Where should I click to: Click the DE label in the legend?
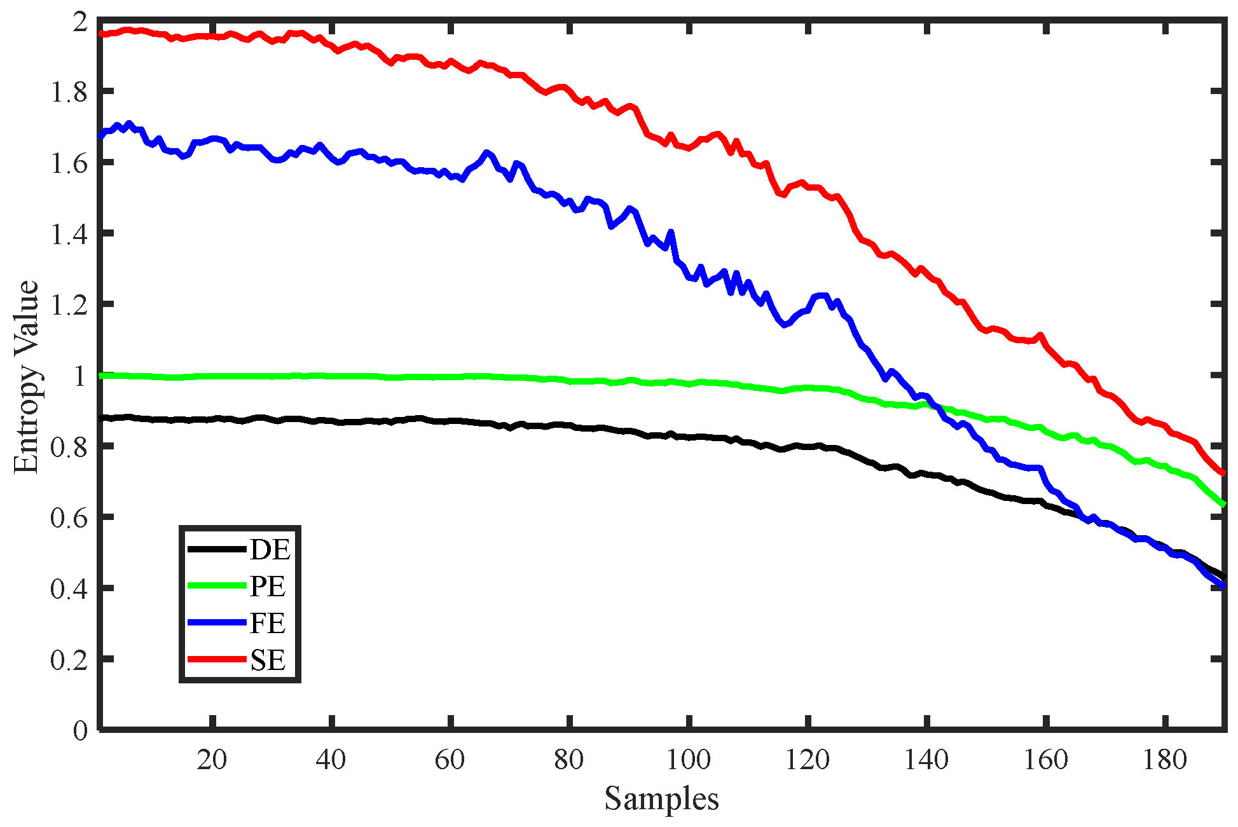270,550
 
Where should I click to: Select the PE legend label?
268,586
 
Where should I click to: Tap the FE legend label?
268,623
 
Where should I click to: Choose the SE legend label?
268,660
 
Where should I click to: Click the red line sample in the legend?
216,659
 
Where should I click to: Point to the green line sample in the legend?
216,586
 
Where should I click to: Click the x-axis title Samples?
661,798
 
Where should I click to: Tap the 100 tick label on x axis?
688,760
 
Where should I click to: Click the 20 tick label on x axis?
212,760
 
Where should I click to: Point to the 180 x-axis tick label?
1165,760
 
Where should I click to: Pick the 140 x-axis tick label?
926,760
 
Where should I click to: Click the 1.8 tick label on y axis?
69,93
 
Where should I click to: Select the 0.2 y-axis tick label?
69,660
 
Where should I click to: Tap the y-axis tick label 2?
80,22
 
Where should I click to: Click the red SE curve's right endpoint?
1223,473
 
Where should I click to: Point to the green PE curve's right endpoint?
1223,505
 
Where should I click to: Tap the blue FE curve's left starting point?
101,136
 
